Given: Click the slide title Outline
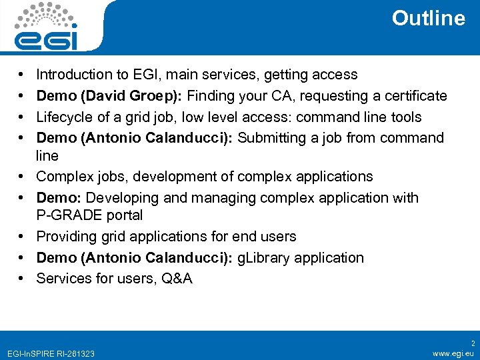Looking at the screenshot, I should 428,18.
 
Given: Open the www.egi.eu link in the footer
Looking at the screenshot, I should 453,353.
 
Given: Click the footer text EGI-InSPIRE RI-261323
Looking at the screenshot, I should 49,353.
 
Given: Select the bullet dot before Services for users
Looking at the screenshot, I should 22,279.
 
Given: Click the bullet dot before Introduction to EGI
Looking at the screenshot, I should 22,75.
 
